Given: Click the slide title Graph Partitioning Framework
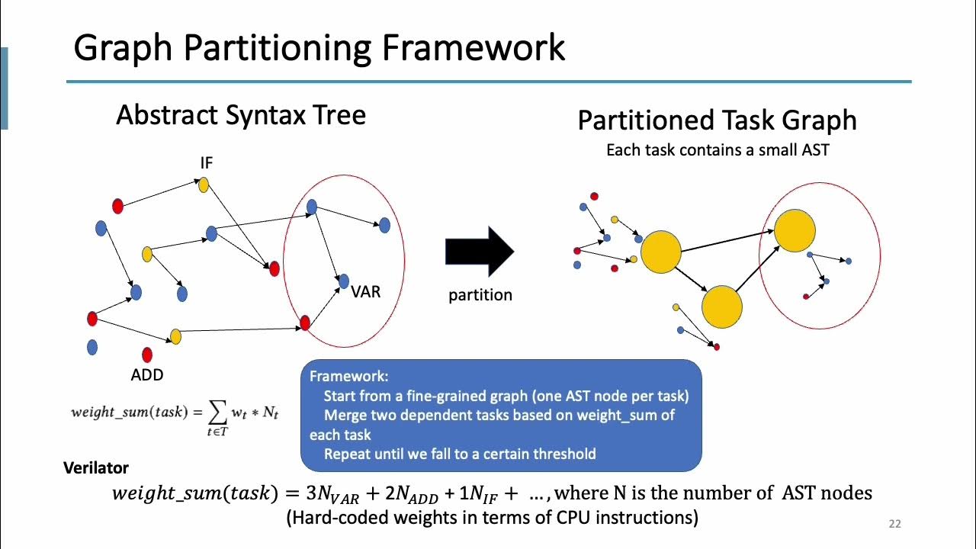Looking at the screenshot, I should pos(319,47).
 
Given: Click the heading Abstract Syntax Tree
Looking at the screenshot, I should pos(241,115).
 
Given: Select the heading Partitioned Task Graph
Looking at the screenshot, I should pos(717,120).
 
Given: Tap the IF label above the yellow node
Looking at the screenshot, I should pos(207,163).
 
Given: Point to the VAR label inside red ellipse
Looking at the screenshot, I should pos(365,292).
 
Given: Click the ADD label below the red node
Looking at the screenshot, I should pos(147,374).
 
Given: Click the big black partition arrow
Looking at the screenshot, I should pos(479,251).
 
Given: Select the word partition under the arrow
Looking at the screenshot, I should pos(480,295).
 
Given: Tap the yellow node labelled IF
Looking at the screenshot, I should pos(203,185).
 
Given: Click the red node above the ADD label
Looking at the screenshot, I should pos(147,355).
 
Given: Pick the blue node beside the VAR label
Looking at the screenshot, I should pos(343,281).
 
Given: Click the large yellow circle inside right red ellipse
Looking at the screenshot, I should pos(795,230).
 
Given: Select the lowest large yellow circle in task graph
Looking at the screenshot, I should pos(721,307).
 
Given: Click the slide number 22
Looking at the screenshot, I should pos(895,524).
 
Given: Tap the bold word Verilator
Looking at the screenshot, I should pos(96,468).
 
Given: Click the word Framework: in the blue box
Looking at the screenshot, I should pos(349,377).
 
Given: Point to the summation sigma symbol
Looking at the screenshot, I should pos(217,413).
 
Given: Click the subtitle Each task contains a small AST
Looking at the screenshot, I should pos(717,150).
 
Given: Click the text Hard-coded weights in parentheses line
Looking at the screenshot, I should pos(492,518).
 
